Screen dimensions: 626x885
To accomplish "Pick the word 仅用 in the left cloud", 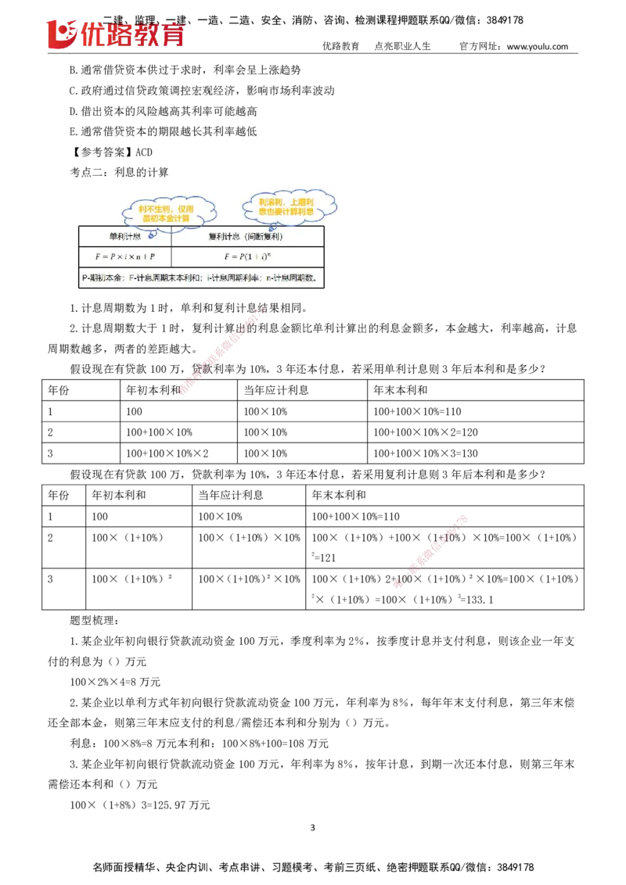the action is click(x=185, y=210).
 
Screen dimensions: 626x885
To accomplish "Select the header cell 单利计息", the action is click(x=124, y=236).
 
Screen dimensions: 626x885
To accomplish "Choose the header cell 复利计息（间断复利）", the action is click(x=246, y=236).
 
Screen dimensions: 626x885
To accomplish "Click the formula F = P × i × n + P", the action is click(x=124, y=256).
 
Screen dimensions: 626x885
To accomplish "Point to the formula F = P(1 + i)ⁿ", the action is click(x=246, y=256).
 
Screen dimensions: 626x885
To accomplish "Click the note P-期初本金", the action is click(x=103, y=278).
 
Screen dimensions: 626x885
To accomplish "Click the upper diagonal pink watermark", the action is click(x=222, y=352).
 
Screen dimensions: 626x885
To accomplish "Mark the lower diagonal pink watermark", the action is click(x=430, y=552).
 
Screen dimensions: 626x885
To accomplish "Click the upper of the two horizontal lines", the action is click(x=513, y=546).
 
